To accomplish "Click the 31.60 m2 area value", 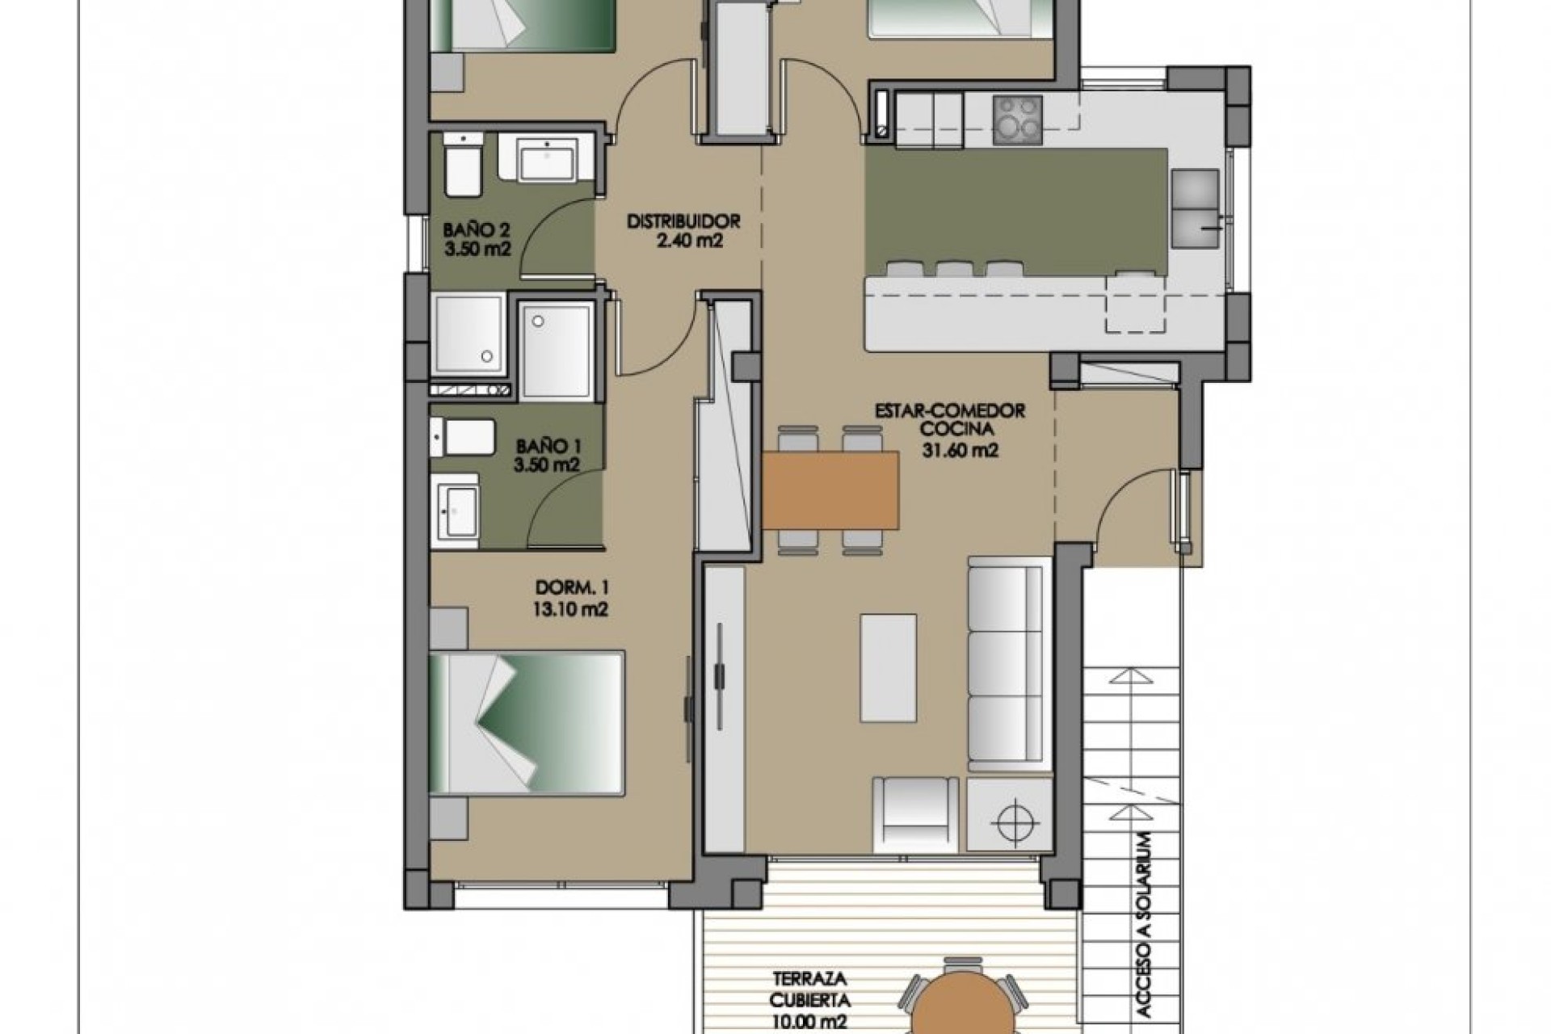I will pos(960,450).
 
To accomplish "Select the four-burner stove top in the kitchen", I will pos(1017,119).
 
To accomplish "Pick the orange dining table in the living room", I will pos(830,490).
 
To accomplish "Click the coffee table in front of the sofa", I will pos(889,667).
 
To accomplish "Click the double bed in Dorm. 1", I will pos(527,722).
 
